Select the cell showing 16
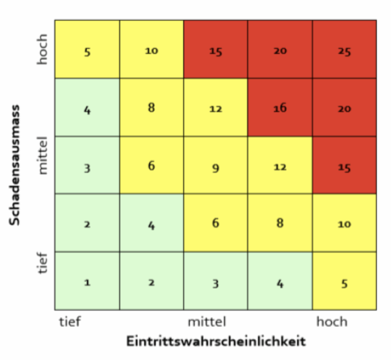pyautogui.click(x=280, y=107)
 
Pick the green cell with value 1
pyautogui.click(x=87, y=281)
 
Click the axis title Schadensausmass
pyautogui.click(x=15, y=164)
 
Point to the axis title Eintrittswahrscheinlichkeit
pyautogui.click(x=216, y=341)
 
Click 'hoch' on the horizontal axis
pyautogui.click(x=331, y=322)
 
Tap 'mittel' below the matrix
pyautogui.click(x=207, y=322)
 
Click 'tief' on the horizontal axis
pyautogui.click(x=70, y=322)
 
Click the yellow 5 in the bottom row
pyautogui.click(x=345, y=281)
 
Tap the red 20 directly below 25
pyautogui.click(x=345, y=107)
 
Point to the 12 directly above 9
pyautogui.click(x=215, y=107)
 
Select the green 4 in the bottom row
pyautogui.click(x=280, y=281)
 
